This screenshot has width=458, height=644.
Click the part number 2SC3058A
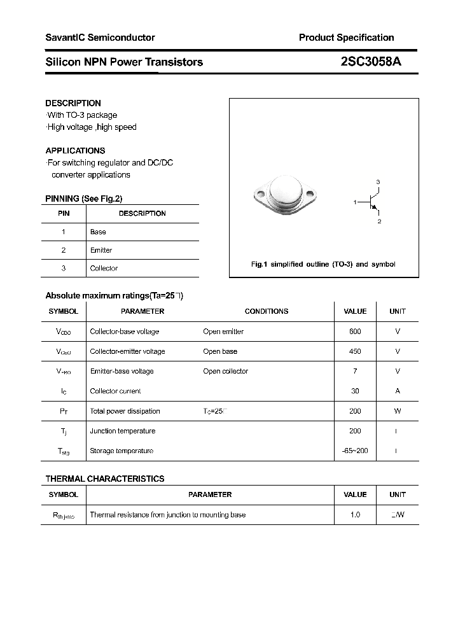click(x=371, y=62)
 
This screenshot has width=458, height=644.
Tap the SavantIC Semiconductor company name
click(x=100, y=38)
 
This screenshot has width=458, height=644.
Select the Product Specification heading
click(x=346, y=38)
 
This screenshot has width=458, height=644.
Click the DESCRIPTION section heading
click(x=73, y=103)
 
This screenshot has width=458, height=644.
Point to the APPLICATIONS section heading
click(x=75, y=151)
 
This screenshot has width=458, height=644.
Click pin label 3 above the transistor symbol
click(x=378, y=183)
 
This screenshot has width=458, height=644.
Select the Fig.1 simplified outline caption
click(x=323, y=264)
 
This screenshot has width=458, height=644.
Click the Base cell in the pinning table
click(x=98, y=232)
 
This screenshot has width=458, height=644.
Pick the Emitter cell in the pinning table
click(x=101, y=250)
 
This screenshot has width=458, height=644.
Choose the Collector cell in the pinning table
click(x=104, y=269)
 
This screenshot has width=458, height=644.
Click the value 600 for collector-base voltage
click(x=355, y=332)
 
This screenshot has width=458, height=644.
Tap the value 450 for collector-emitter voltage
click(x=355, y=351)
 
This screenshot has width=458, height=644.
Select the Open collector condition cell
click(x=225, y=371)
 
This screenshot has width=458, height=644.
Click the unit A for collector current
click(x=398, y=391)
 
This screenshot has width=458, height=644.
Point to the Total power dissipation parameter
click(x=125, y=411)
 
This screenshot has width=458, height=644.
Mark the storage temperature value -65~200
click(x=355, y=451)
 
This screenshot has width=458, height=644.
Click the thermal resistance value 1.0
click(x=355, y=515)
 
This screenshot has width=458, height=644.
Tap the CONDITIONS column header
click(x=267, y=311)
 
